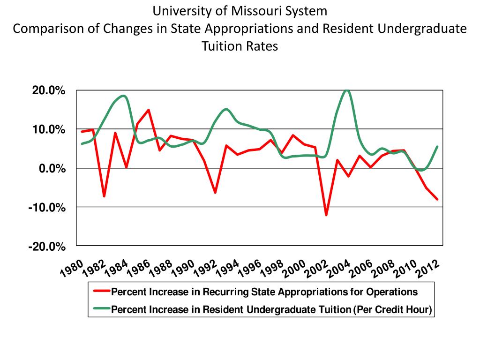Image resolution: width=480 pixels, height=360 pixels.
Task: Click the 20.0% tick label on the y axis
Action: pyautogui.click(x=48, y=90)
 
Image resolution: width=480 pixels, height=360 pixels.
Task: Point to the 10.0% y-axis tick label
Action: pyautogui.click(x=48, y=129)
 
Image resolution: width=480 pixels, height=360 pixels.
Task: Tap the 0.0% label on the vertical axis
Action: pyautogui.click(x=51, y=168)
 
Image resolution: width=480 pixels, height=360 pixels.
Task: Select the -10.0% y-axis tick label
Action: pyautogui.click(x=47, y=207)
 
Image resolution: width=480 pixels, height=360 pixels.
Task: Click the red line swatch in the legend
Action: pyautogui.click(x=102, y=292)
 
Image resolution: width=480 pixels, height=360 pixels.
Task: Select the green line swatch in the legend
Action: pyautogui.click(x=102, y=309)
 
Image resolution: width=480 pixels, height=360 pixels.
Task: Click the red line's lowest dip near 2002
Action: pyautogui.click(x=326, y=215)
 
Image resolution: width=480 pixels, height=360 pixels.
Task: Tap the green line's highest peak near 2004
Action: pyautogui.click(x=347, y=90)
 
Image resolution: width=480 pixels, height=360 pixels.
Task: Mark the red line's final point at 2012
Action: pyautogui.click(x=437, y=199)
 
